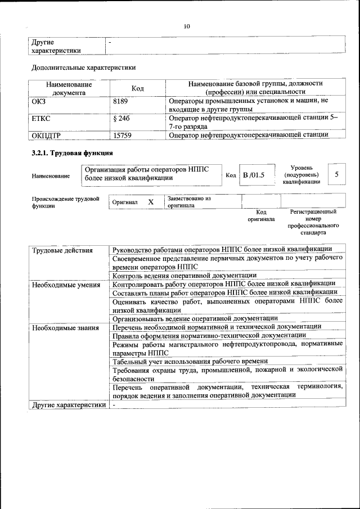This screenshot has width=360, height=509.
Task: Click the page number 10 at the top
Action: click(x=187, y=26)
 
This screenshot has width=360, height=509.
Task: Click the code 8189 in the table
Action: click(x=121, y=101)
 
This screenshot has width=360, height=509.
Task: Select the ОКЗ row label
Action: click(x=39, y=101)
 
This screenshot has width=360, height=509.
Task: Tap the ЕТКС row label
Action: click(x=40, y=119)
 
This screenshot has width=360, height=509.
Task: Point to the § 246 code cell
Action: click(x=121, y=119)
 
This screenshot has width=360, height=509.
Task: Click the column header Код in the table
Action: click(x=138, y=88)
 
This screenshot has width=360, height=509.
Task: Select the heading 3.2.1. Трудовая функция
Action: click(x=72, y=153)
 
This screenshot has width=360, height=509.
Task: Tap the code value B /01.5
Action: click(x=253, y=175)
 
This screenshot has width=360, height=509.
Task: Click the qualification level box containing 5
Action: click(x=336, y=174)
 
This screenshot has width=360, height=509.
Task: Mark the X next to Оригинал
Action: click(x=150, y=202)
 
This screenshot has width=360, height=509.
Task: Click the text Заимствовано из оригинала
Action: click(x=188, y=202)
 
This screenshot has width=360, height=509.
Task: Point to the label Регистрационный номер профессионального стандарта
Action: click(x=313, y=222)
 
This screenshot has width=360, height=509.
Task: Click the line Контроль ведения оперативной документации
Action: click(x=184, y=276)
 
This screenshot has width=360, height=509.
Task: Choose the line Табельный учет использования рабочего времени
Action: click(x=190, y=361)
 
